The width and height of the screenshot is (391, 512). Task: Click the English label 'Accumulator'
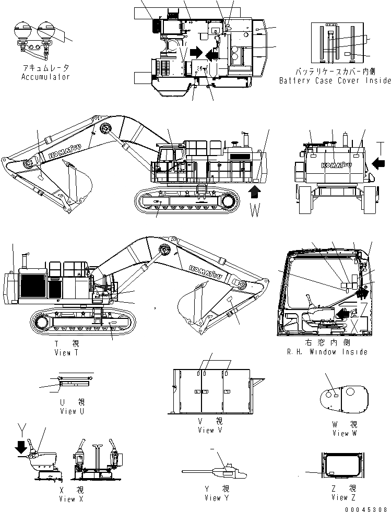pyautogui.click(x=45, y=77)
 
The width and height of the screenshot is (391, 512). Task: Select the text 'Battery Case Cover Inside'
pyautogui.click(x=335, y=80)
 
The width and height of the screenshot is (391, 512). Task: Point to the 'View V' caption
pyautogui.click(x=209, y=430)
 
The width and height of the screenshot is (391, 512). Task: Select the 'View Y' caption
pyautogui.click(x=213, y=498)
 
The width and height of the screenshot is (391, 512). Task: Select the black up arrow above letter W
pyautogui.click(x=254, y=192)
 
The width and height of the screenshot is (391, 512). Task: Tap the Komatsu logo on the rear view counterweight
pyautogui.click(x=336, y=164)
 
